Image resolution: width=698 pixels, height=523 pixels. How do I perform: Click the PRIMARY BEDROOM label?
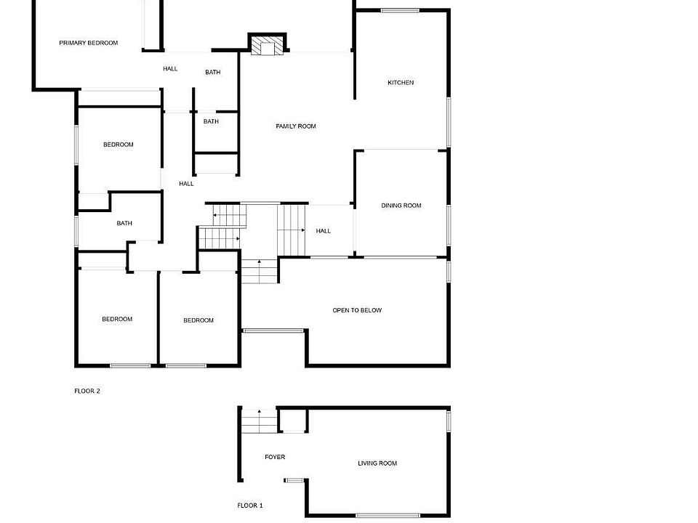[88, 43]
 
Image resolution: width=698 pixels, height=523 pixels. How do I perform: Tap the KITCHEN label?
[401, 83]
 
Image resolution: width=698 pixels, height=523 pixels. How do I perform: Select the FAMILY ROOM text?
[296, 126]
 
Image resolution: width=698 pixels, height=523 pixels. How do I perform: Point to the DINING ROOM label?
[401, 206]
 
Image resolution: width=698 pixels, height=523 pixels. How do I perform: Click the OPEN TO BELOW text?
[357, 310]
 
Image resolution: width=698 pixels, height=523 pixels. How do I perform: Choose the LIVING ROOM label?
[377, 463]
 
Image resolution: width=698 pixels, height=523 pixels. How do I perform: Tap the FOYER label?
[275, 457]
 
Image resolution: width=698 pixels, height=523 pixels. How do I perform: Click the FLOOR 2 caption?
[87, 391]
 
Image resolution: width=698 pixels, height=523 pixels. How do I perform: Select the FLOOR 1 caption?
[250, 505]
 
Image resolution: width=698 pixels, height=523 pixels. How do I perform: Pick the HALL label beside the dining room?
[324, 231]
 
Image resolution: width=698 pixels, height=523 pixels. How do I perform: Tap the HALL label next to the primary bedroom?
[170, 69]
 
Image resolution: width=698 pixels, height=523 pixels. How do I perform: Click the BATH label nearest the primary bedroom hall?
[212, 72]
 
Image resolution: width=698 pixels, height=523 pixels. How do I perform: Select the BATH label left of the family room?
[211, 121]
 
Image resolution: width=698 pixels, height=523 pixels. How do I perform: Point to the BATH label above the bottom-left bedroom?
[124, 223]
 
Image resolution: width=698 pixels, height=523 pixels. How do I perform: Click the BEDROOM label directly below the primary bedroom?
[119, 145]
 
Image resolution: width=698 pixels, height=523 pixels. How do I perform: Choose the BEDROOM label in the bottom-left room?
[117, 319]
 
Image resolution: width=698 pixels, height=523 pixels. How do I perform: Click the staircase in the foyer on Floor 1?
[260, 421]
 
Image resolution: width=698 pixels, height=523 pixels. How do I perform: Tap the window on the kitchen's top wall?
[401, 10]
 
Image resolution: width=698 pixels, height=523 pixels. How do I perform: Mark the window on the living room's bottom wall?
[378, 515]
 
